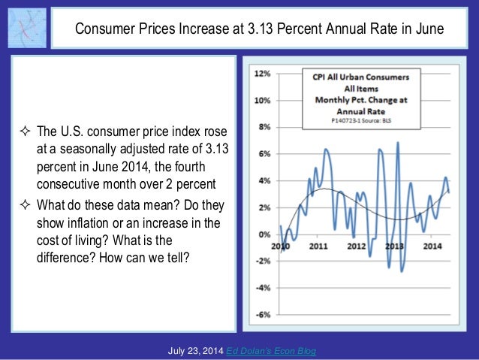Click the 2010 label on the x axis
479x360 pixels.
pos(280,246)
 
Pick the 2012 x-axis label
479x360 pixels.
pos(356,246)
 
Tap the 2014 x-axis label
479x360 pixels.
pos(432,246)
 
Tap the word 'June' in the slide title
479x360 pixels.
pos(427,29)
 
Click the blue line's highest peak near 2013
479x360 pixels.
pos(397,143)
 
